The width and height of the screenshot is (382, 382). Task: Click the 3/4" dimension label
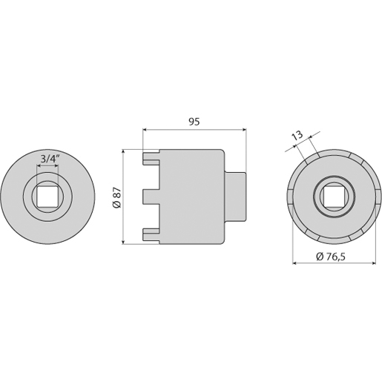[50, 159]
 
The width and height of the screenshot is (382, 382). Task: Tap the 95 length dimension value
[194, 122]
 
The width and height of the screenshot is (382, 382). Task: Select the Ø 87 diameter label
[116, 197]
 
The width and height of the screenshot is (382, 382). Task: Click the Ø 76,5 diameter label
[331, 257]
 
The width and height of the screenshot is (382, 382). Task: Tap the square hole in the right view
[335, 197]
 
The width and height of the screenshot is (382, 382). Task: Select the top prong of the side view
[151, 159]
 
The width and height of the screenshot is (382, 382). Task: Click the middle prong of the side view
[151, 197]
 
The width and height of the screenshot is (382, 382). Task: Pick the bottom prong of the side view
[151, 234]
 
